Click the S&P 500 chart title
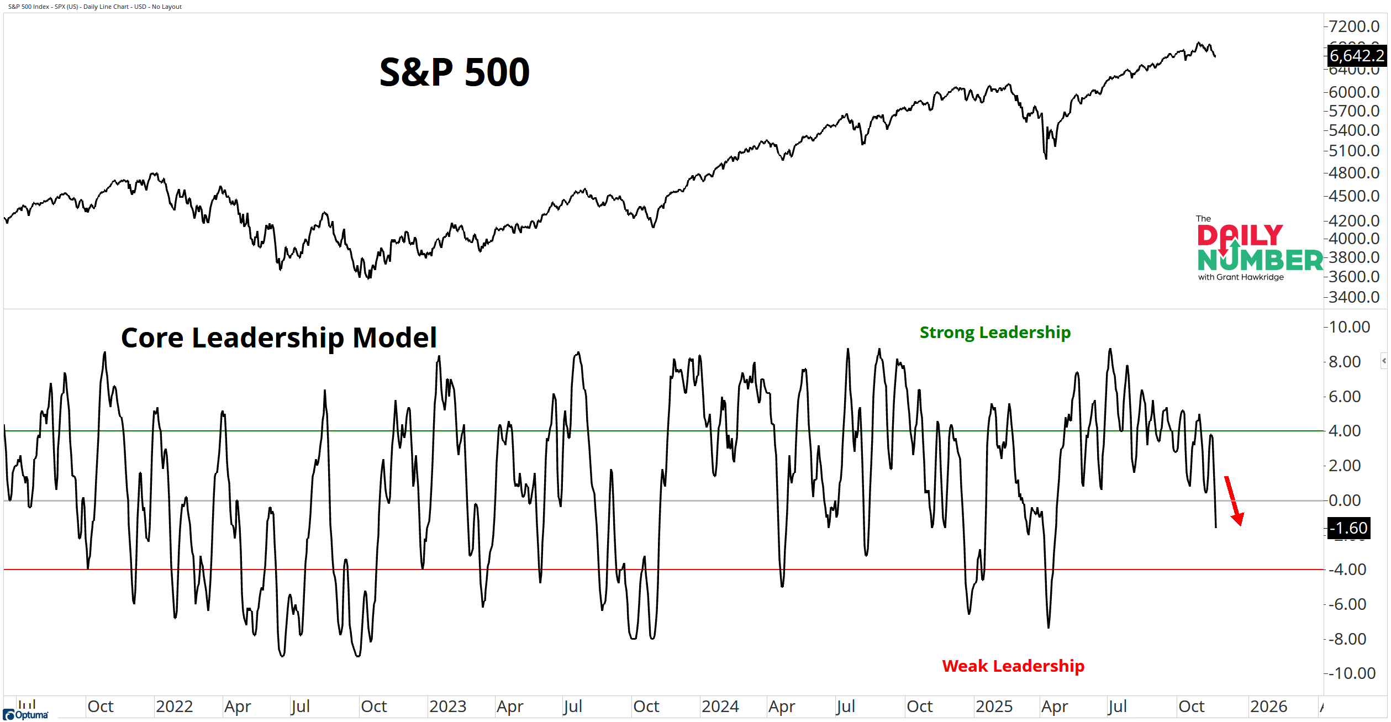coord(454,72)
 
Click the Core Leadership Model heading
coord(278,338)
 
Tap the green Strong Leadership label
coord(995,333)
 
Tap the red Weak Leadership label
coord(1013,666)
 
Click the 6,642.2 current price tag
coord(1356,56)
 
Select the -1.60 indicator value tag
coord(1348,528)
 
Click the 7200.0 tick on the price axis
coord(1354,26)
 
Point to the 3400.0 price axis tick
coord(1354,297)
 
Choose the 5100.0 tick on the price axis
coord(1354,150)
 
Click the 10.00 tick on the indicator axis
coord(1349,327)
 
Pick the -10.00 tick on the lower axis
coord(1351,673)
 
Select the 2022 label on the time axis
coord(174,707)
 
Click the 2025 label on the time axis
coord(994,707)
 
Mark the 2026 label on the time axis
coord(1268,707)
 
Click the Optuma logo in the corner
coord(25,715)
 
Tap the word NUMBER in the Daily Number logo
coord(1260,260)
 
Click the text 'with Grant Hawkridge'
coord(1241,277)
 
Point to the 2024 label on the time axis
coord(720,707)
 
